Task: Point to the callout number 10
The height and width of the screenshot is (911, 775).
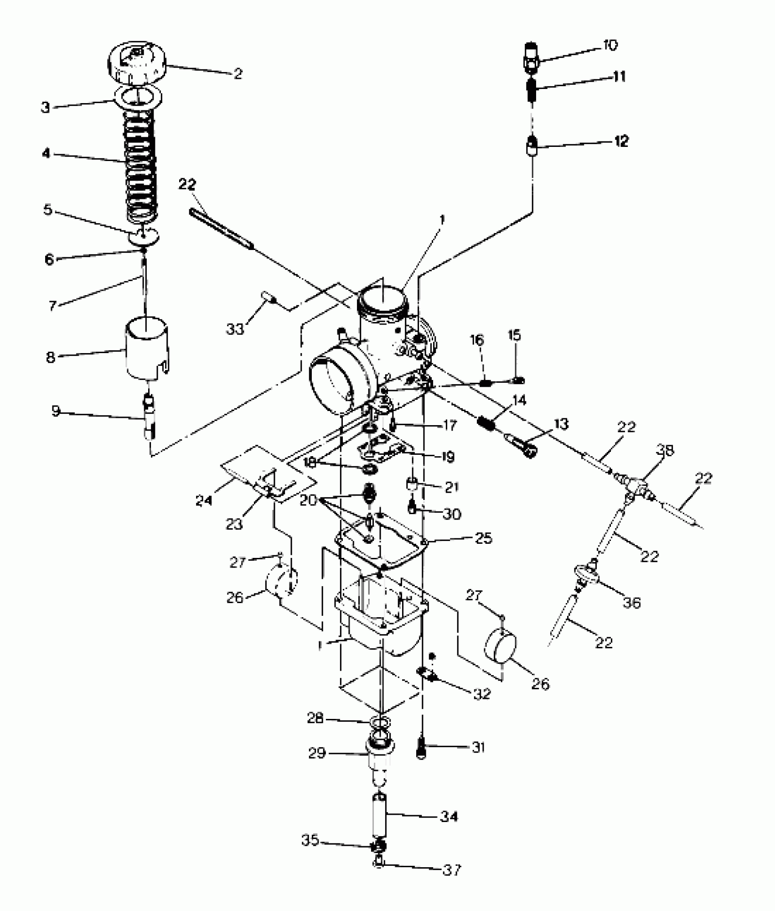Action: coord(610,45)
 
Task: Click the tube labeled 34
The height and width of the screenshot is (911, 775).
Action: coord(380,817)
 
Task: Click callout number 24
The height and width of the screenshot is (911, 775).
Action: coord(204,500)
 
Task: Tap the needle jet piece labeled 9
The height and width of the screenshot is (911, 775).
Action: coord(149,416)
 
